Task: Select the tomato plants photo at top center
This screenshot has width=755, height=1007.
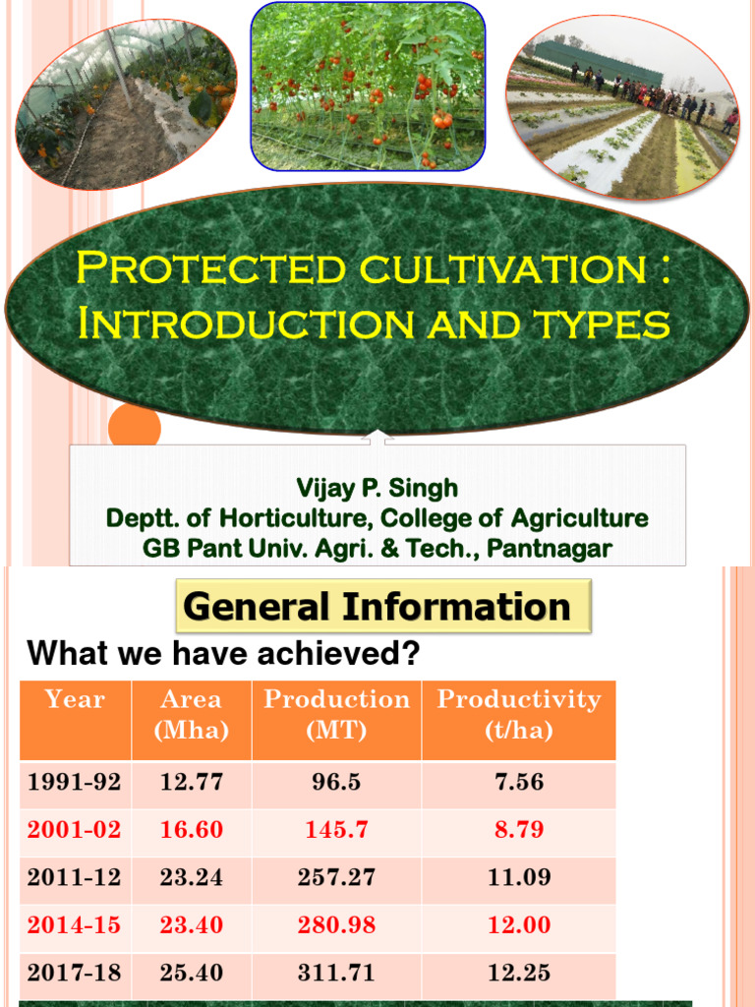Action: point(368,87)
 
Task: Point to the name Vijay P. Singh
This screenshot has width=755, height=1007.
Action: point(377,488)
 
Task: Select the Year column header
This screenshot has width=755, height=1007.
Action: point(75,700)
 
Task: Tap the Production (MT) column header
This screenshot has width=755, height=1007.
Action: point(336,714)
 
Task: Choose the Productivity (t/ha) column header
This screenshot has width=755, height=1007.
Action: point(518,714)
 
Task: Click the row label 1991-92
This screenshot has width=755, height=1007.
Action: point(75,783)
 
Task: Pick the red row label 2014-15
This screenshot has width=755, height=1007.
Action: point(75,925)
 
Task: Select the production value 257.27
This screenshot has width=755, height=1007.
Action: point(336,878)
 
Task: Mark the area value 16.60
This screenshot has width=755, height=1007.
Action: point(192,830)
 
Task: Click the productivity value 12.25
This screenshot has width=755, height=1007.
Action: point(519,973)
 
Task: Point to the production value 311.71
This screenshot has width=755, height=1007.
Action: point(336,973)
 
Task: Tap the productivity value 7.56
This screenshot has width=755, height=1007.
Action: point(519,783)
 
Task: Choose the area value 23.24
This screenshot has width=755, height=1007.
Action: point(192,878)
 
